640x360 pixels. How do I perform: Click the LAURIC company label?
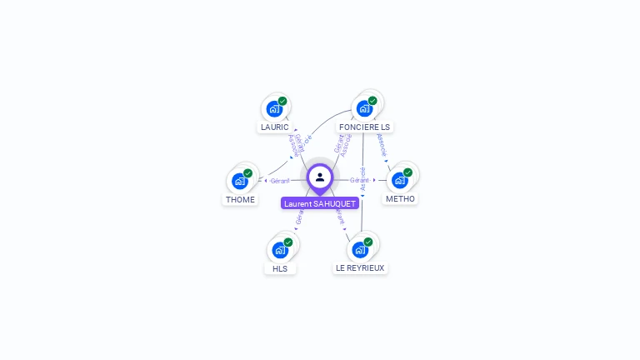[x=274, y=127]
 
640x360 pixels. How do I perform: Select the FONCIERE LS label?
[x=364, y=127]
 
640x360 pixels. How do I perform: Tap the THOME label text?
[x=240, y=200]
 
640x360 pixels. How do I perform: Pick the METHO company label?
[x=400, y=199]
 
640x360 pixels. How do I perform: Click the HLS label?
[x=280, y=268]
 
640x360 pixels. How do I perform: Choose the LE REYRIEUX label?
[x=360, y=268]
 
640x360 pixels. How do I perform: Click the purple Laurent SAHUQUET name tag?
[x=320, y=203]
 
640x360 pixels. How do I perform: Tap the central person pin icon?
[x=320, y=177]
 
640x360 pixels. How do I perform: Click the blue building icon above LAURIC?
[x=273, y=108]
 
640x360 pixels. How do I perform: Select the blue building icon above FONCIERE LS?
[x=363, y=108]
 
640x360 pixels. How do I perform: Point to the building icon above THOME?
[x=239, y=181]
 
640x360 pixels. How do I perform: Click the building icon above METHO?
[x=399, y=180]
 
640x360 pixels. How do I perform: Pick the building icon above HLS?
[x=279, y=249]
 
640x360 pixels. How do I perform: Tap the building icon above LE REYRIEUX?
[x=359, y=249]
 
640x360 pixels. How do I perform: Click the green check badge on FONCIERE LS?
[x=372, y=101]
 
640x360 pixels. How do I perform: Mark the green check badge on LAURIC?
[x=282, y=101]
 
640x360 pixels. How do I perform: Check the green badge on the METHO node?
[x=407, y=172]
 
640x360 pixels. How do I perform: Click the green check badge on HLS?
[x=288, y=242]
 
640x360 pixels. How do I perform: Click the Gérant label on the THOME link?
[x=280, y=181]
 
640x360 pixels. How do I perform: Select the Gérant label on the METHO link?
[x=360, y=180]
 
